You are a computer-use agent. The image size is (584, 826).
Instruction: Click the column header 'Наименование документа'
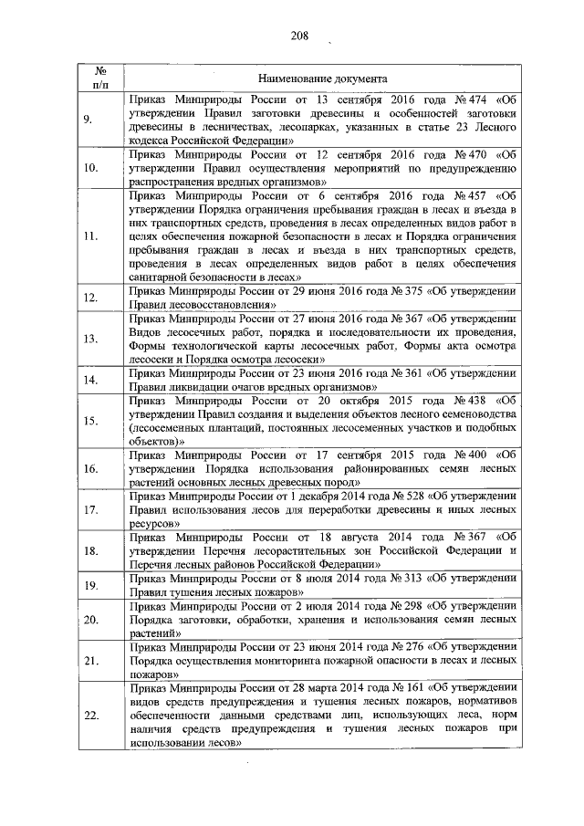pyautogui.click(x=323, y=79)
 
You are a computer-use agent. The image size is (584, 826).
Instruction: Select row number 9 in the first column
pyautogui.click(x=89, y=120)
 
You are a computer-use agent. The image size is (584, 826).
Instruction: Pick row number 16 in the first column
pyautogui.click(x=90, y=468)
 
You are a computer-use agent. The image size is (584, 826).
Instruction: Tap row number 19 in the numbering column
pyautogui.click(x=90, y=585)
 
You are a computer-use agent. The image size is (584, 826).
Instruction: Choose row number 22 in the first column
pyautogui.click(x=90, y=716)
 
